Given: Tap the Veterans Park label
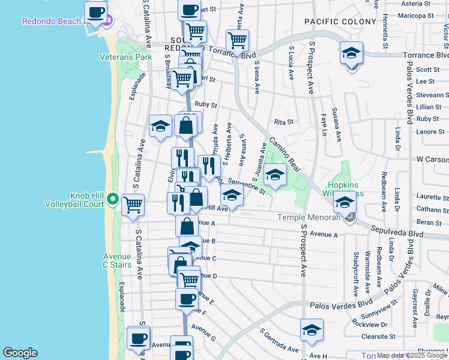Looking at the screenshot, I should click(126, 58).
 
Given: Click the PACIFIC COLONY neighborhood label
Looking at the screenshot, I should click(334, 22).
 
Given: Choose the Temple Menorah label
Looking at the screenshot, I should click(307, 217).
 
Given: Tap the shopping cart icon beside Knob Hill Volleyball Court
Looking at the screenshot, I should click(133, 205).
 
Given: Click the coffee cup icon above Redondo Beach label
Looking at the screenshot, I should click(96, 12).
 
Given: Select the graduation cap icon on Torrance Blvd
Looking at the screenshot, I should click(351, 53).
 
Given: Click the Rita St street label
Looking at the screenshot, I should click(283, 122).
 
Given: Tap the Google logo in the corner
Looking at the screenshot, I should click(20, 353).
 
